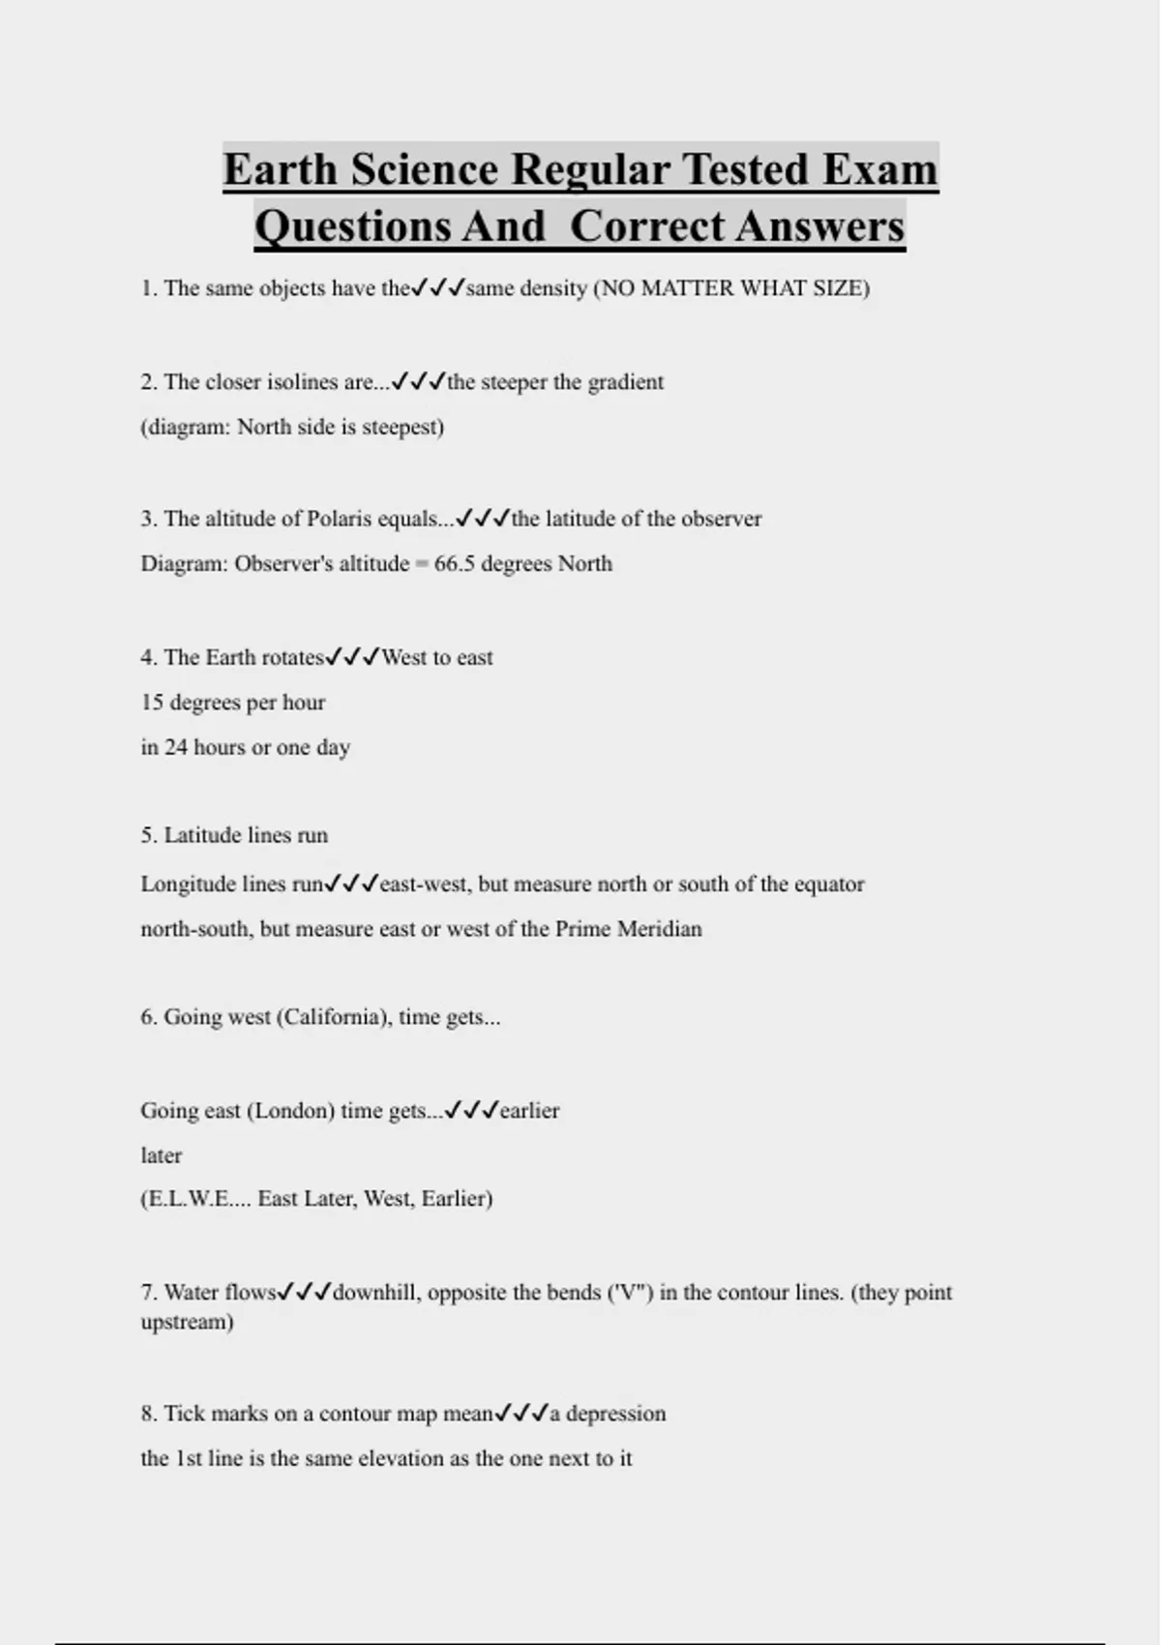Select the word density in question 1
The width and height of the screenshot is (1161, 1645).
[553, 288]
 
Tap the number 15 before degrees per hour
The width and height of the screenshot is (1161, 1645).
[152, 703]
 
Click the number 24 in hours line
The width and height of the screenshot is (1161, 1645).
[175, 747]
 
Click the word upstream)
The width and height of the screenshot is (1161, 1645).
[187, 1322]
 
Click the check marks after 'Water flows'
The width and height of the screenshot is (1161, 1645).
[305, 1292]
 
